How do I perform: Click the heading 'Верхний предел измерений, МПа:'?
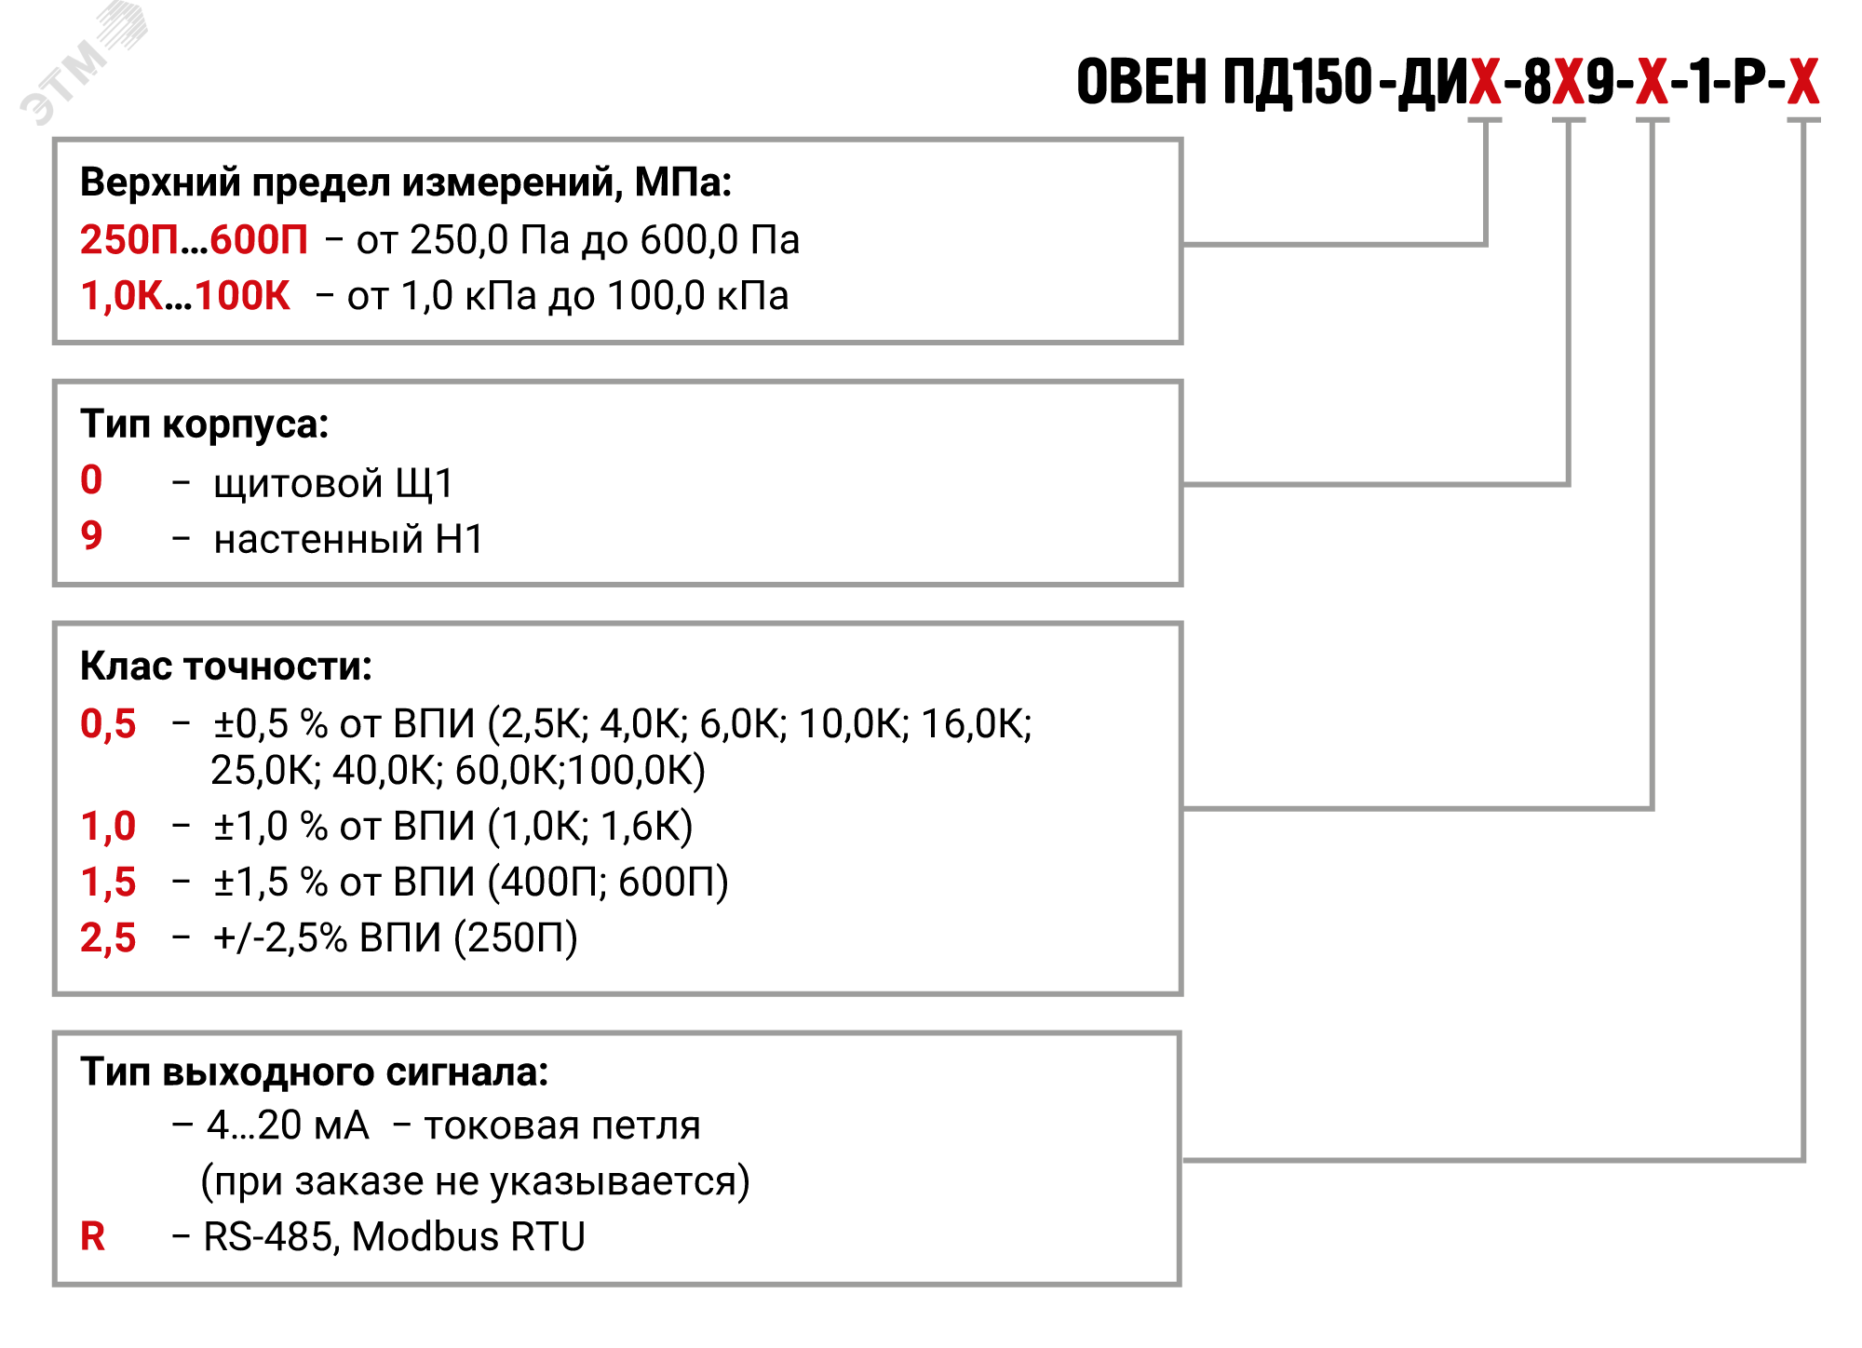[406, 182]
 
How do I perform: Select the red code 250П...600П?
[194, 240]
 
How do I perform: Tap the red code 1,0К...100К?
[185, 296]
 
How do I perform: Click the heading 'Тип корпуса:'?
[205, 425]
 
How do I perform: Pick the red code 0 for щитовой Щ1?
[91, 480]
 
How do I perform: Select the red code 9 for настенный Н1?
[91, 535]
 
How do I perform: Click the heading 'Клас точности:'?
[226, 667]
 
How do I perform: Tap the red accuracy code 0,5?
[108, 724]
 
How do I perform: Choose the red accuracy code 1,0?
[108, 827]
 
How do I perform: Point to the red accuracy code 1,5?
[108, 883]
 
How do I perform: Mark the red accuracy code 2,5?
[108, 938]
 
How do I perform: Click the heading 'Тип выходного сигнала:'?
[315, 1072]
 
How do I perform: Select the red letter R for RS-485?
[92, 1237]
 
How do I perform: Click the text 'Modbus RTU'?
[468, 1237]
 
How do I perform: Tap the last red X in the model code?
[1803, 82]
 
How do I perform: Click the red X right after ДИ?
[1486, 82]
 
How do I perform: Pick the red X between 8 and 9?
[1569, 82]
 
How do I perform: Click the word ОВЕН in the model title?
[1141, 82]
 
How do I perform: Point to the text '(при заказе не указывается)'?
[475, 1181]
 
